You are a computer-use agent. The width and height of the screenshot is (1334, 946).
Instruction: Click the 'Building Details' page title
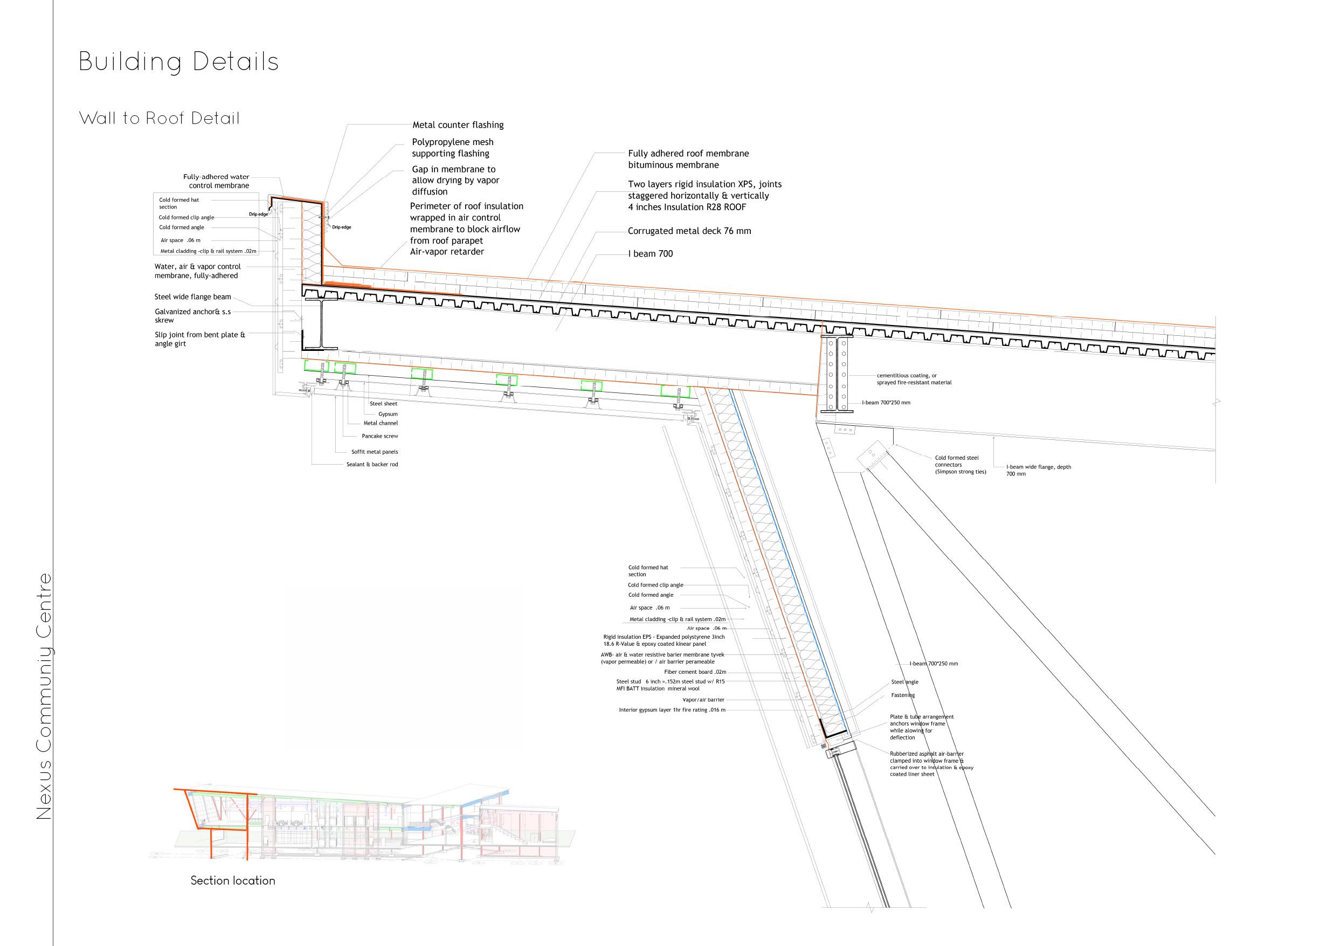pos(178,63)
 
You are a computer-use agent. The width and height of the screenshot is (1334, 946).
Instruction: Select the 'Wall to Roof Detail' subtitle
pos(159,118)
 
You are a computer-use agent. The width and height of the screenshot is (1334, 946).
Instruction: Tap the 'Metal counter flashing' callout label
pos(458,125)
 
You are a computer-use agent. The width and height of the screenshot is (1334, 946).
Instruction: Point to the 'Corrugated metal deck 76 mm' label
pos(689,231)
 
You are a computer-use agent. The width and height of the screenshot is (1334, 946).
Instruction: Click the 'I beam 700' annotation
pos(650,253)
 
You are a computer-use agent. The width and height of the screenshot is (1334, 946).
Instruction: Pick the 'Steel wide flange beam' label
pos(192,297)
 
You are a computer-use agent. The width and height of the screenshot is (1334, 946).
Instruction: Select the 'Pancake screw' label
pos(380,436)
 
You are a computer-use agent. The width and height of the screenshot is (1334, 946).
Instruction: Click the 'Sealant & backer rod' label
pos(372,464)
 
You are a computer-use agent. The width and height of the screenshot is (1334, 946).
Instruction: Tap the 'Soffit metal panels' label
pos(375,452)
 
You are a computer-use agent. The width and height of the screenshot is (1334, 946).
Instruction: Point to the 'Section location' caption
pos(232,880)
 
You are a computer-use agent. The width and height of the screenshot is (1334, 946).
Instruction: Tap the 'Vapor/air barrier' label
pos(703,700)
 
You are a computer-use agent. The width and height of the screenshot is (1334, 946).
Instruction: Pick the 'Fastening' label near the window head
pos(902,695)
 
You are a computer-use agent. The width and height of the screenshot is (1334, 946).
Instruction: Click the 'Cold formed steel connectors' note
pos(960,465)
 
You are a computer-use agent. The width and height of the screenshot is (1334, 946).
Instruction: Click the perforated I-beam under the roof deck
pos(837,375)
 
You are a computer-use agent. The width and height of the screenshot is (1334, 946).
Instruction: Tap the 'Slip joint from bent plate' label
pos(199,339)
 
